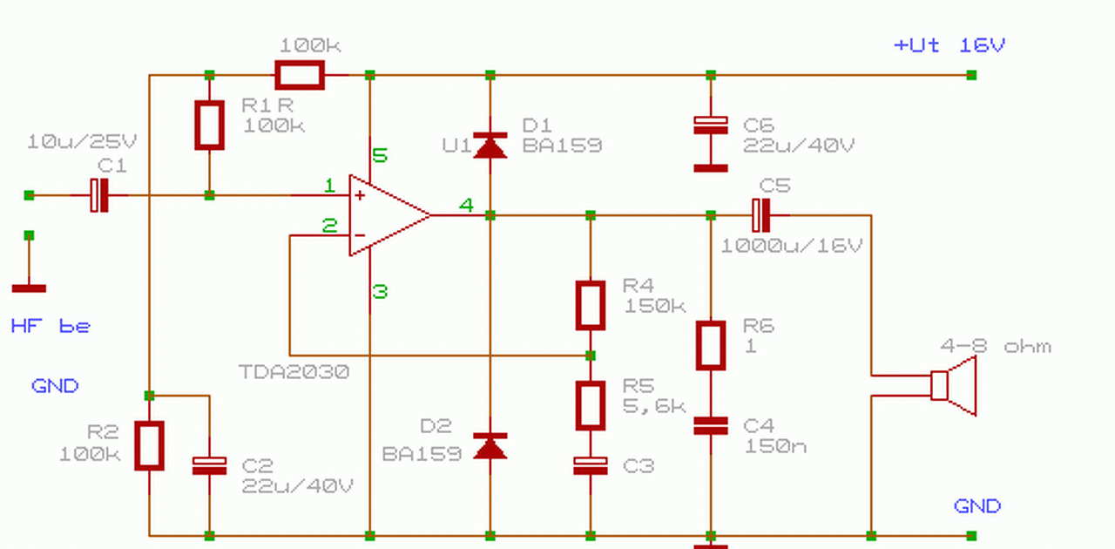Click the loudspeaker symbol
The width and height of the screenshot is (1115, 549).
pos(953,385)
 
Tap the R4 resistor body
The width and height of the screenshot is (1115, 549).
pos(591,305)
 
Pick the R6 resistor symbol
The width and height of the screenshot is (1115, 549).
pos(710,346)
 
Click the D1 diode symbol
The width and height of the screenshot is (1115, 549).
pos(490,146)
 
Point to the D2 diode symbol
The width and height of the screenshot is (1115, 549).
pos(490,446)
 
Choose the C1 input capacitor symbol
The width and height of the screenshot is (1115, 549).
pos(99,195)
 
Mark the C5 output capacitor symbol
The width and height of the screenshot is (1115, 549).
pos(760,215)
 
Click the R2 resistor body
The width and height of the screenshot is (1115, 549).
pos(149,446)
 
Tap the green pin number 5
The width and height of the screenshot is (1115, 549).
pos(380,155)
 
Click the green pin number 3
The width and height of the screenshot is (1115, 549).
pos(380,291)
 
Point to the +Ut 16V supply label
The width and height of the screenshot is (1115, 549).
pos(949,45)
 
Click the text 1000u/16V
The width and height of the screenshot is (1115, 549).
pos(792,246)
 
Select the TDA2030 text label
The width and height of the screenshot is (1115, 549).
pos(294,372)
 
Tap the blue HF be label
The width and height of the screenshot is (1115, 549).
pos(51,326)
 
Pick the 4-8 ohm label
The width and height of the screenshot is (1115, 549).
pos(996,346)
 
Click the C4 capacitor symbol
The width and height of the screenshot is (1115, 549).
pos(710,426)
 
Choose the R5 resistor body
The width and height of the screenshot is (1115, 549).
pos(591,405)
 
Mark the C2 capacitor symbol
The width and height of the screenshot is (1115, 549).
pos(210,466)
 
